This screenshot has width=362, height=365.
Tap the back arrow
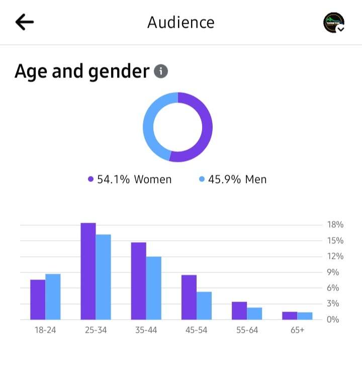pos(24,22)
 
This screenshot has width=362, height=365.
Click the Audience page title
pos(181,22)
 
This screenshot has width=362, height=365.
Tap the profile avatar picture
pos(334,23)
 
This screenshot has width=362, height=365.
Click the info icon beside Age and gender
pos(161,71)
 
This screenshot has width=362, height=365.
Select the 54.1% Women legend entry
pos(130,179)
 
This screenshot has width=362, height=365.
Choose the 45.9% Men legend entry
pos(233,179)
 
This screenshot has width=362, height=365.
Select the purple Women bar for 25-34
pos(88,271)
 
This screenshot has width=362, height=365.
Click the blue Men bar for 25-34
pos(103,277)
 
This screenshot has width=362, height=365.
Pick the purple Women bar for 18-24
pos(38,300)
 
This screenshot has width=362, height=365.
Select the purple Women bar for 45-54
pos(189,297)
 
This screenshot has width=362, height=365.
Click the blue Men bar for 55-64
pos(254,314)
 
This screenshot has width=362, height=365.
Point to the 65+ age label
pos(297,330)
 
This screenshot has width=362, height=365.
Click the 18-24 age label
pos(45,330)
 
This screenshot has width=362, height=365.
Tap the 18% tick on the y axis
pos(335,225)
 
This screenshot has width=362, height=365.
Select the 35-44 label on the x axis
pos(146,330)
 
